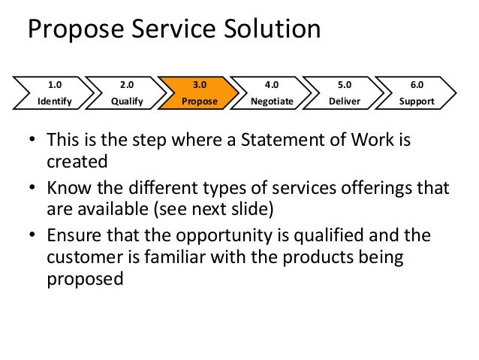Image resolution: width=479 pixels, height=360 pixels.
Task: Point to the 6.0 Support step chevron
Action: click(x=417, y=92)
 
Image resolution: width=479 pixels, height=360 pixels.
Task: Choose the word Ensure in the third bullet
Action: click(x=73, y=236)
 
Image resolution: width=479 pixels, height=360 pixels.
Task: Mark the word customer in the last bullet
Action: click(x=83, y=255)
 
